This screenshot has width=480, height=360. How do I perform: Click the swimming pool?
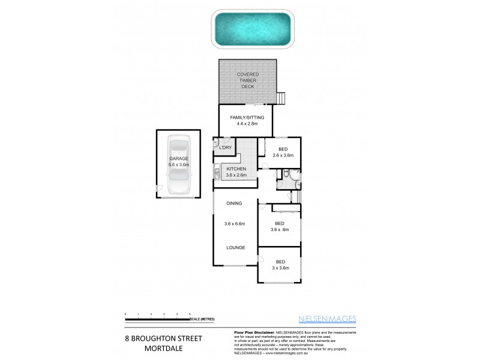click(253, 28)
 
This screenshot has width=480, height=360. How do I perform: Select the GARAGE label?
click(178, 158)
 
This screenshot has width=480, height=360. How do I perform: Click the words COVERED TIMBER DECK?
click(248, 80)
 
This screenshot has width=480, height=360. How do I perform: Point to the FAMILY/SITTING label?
click(243, 117)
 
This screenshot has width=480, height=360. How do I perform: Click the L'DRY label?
click(225, 148)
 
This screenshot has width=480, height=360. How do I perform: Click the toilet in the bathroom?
click(287, 175)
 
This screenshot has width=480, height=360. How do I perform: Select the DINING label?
click(234, 204)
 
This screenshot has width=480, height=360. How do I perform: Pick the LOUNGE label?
click(235, 247)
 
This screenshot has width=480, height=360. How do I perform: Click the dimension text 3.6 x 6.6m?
click(236, 224)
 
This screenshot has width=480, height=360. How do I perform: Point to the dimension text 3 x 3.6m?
click(280, 268)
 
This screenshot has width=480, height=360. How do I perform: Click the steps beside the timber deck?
click(281, 98)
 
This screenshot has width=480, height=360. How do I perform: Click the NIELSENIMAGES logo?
click(328, 319)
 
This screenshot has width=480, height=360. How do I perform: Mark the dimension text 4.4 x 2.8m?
click(243, 124)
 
